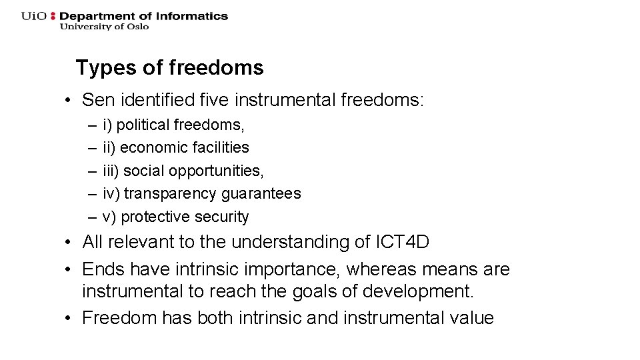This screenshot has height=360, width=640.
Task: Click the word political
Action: pyautogui.click(x=143, y=125)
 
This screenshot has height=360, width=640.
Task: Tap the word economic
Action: pyautogui.click(x=149, y=147)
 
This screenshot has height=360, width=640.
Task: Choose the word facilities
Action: pyautogui.click(x=217, y=147)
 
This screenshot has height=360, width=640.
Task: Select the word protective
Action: pyautogui.click(x=152, y=217)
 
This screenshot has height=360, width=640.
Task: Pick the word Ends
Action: pyautogui.click(x=103, y=269)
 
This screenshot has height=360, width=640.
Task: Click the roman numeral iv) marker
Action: pyautogui.click(x=111, y=193)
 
